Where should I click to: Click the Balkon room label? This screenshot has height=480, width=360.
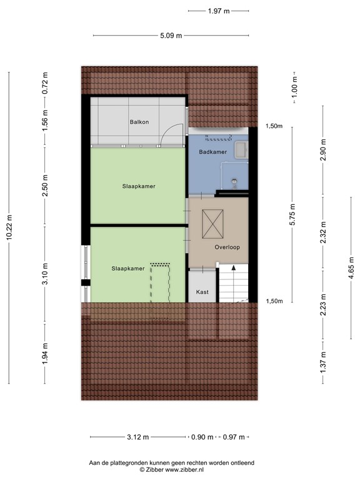139,122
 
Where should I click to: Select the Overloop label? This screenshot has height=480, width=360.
227,247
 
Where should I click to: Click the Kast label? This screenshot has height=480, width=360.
202,292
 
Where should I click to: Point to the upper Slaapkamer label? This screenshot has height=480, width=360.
139,186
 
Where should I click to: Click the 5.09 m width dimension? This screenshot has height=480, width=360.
171,36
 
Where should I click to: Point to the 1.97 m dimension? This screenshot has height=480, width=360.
218,11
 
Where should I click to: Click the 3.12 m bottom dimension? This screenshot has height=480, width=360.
137,437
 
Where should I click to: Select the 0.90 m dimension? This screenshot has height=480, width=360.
202,437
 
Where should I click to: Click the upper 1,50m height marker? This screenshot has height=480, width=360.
273,126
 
